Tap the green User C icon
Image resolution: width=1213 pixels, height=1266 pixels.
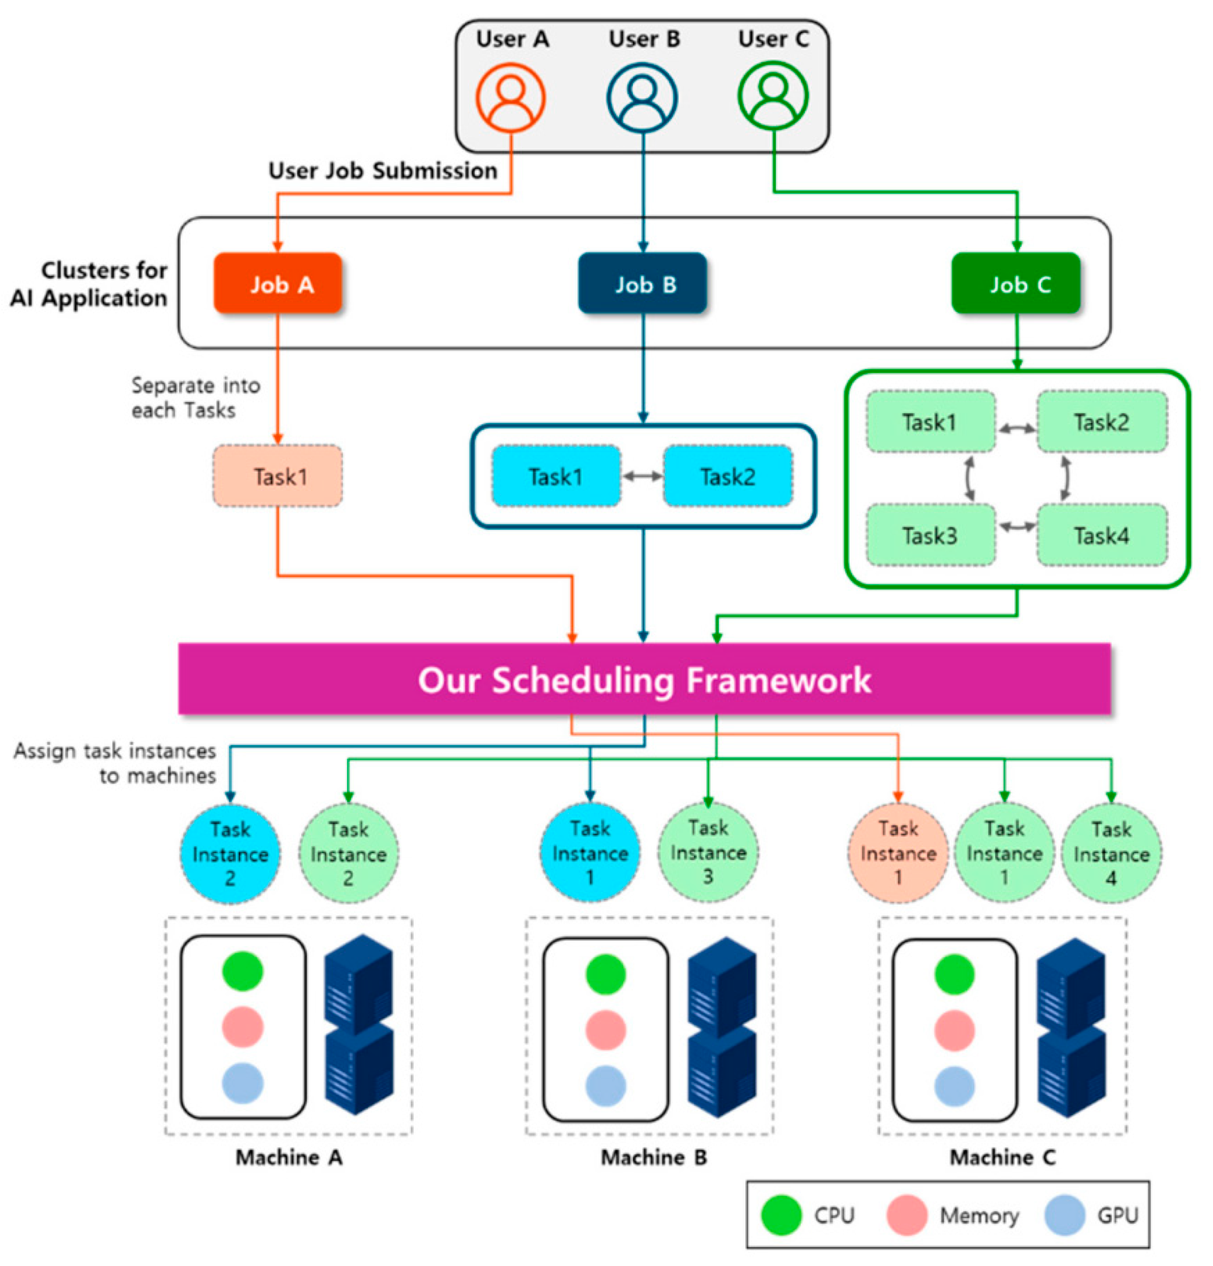point(772,96)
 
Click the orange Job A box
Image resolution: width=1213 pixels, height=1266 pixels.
point(278,283)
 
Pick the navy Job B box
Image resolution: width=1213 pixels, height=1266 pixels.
point(642,283)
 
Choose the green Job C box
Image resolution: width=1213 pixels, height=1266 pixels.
point(1015,283)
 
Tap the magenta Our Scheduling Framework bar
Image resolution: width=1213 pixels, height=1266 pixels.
point(644,679)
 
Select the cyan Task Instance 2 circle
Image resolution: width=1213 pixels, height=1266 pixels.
point(230,853)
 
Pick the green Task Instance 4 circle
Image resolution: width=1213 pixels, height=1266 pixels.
point(1110,853)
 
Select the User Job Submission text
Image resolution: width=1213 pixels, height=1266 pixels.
point(383,170)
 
